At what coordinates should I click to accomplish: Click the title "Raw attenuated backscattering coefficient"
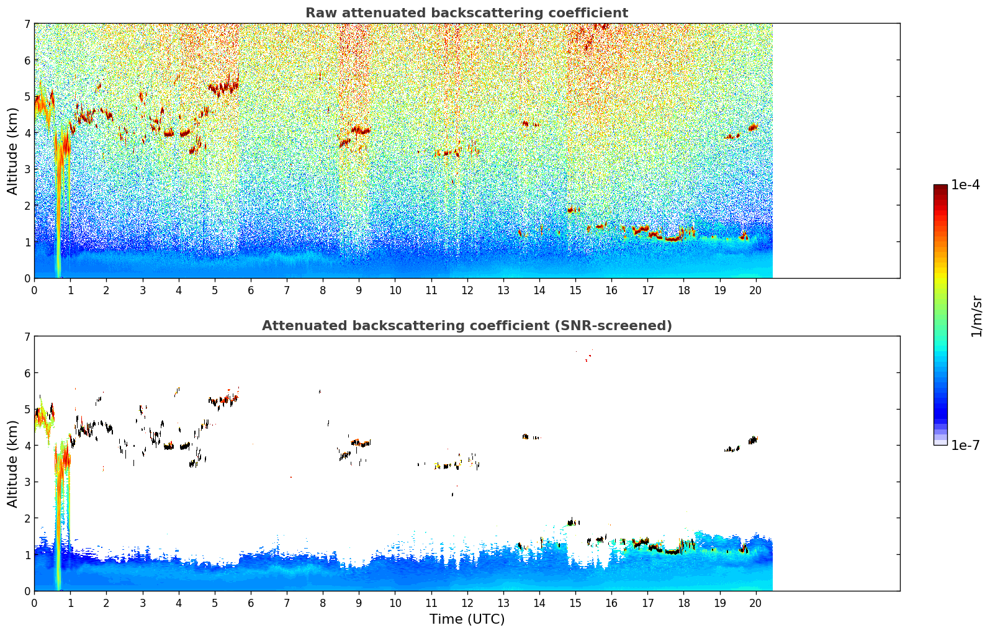click(x=467, y=13)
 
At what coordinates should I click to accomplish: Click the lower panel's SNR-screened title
click(x=467, y=325)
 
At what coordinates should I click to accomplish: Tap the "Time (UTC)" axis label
click(x=467, y=619)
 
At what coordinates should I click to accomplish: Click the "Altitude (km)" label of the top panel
click(x=12, y=151)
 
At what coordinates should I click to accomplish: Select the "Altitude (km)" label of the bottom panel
click(x=12, y=464)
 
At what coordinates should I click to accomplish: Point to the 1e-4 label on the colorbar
click(x=965, y=185)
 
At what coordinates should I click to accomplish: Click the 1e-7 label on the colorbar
click(x=965, y=445)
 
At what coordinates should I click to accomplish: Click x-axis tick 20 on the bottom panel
click(x=756, y=603)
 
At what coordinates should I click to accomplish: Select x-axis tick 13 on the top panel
click(x=503, y=290)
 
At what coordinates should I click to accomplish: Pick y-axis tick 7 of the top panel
click(x=27, y=24)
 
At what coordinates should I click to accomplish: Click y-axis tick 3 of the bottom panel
click(x=27, y=482)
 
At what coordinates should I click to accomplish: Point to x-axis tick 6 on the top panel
click(x=251, y=290)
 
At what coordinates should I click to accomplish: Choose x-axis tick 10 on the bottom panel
click(x=395, y=603)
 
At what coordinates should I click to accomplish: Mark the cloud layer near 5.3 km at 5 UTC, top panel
click(x=223, y=86)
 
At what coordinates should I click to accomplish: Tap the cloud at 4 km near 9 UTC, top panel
click(x=360, y=130)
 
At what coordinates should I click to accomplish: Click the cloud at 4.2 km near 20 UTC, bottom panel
click(x=753, y=440)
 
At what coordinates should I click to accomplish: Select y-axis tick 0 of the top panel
click(x=27, y=279)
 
